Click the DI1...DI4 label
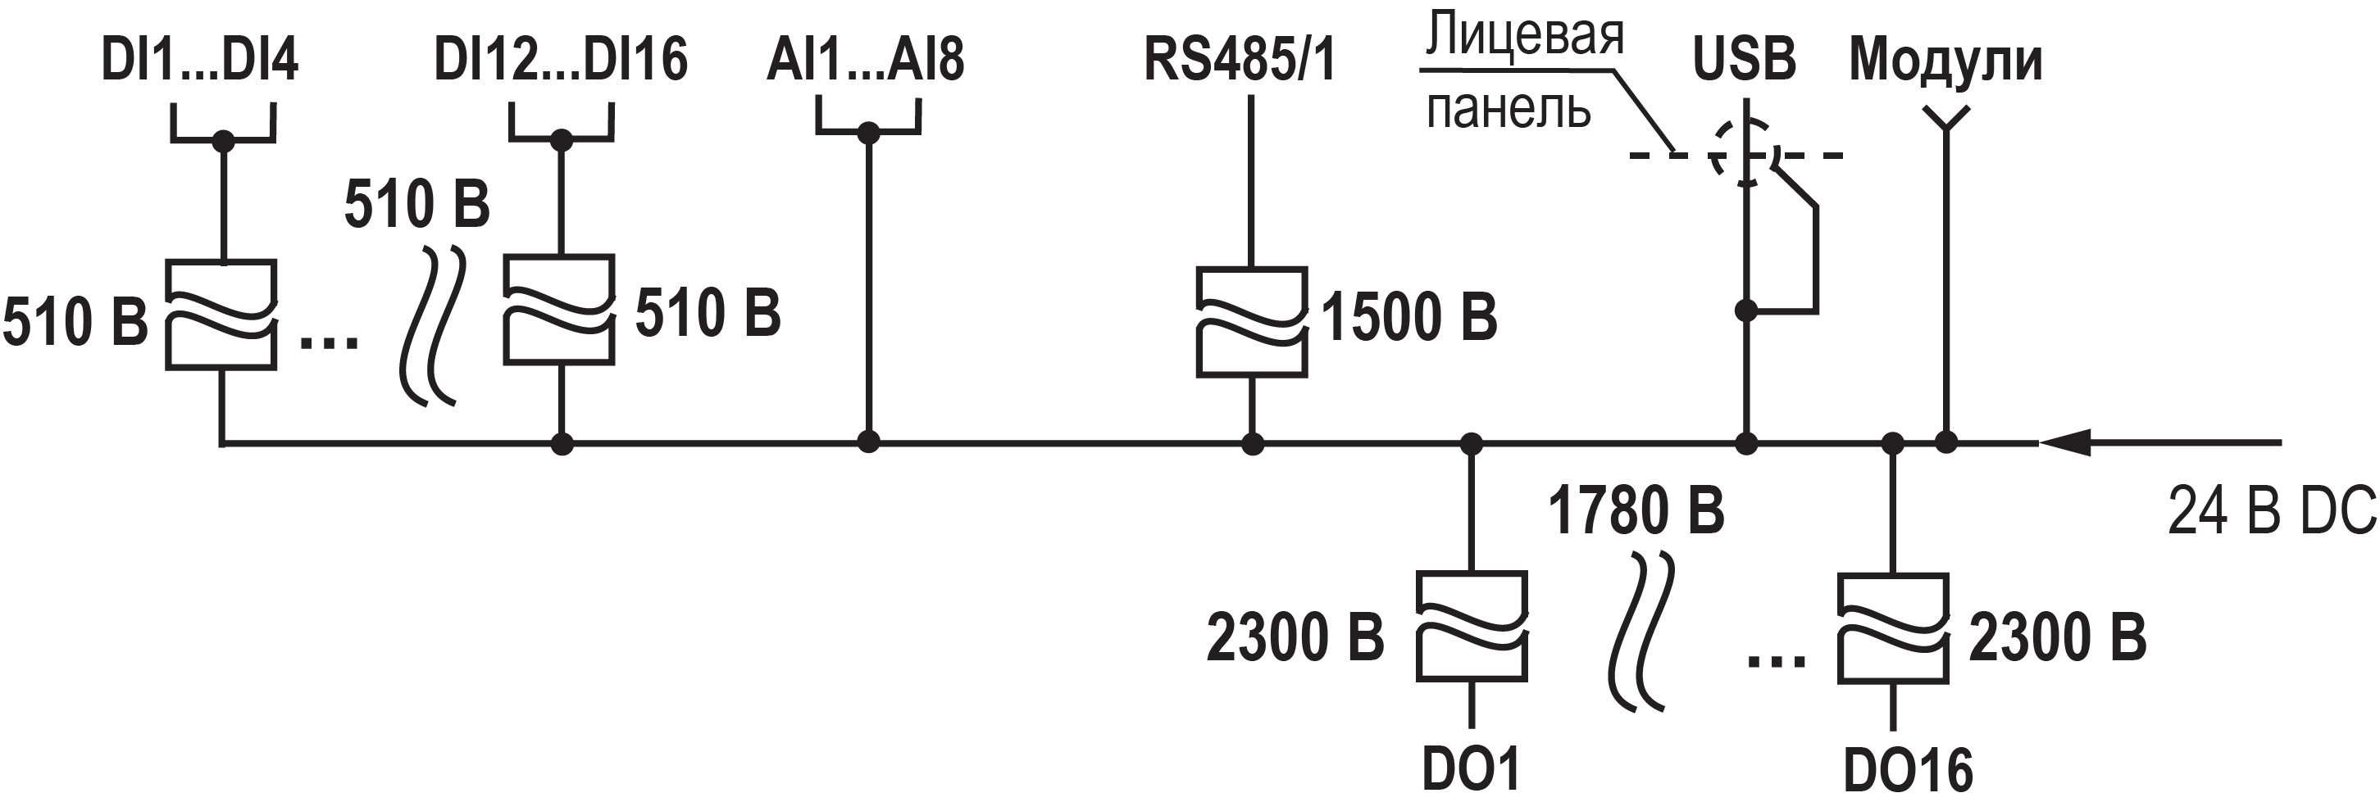click(x=198, y=61)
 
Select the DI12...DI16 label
click(x=560, y=61)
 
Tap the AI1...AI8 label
click(x=865, y=61)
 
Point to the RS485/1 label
click(x=1239, y=61)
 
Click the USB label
click(x=1744, y=61)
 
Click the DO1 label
click(x=1471, y=769)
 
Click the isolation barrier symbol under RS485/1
click(x=1251, y=323)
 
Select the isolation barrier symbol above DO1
click(x=1471, y=626)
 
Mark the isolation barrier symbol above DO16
click(x=1892, y=629)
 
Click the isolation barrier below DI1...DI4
click(x=221, y=315)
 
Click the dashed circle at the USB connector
click(x=1745, y=153)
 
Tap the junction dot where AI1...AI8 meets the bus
click(x=867, y=442)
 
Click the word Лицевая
click(x=1524, y=35)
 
